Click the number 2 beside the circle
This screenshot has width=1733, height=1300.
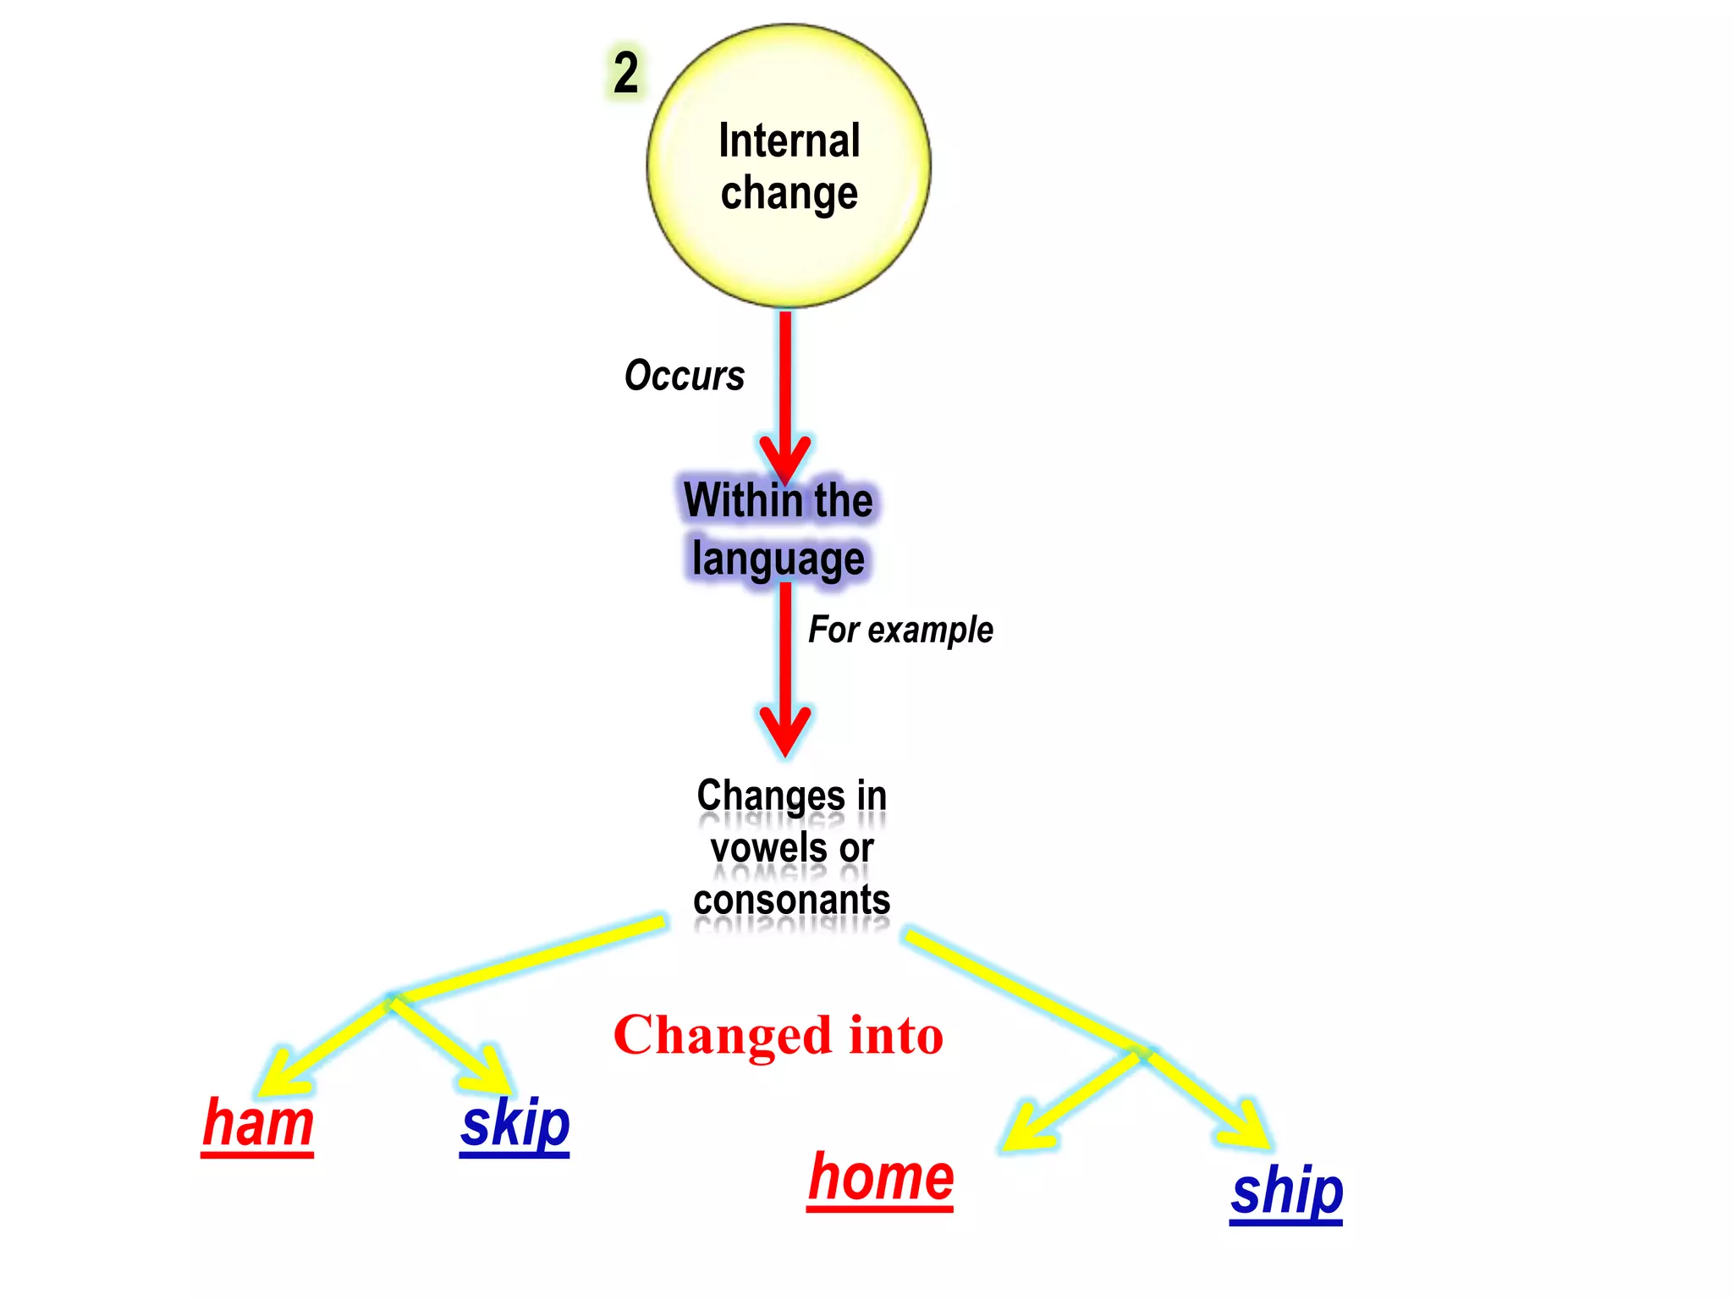click(x=626, y=73)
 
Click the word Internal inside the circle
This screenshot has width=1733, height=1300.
click(x=789, y=140)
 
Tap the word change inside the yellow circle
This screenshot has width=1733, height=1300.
click(x=789, y=194)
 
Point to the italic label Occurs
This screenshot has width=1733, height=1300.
click(x=685, y=376)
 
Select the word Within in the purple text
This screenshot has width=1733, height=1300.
click(x=730, y=500)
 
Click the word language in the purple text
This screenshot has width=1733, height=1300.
click(x=778, y=559)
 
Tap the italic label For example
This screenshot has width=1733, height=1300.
click(x=900, y=630)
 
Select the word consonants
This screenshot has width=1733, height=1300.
click(x=791, y=900)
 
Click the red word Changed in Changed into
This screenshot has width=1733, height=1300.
click(x=723, y=1035)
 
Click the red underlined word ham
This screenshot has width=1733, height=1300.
click(x=258, y=1124)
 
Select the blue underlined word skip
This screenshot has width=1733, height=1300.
click(x=514, y=1124)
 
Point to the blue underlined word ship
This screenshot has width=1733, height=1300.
click(x=1286, y=1192)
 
